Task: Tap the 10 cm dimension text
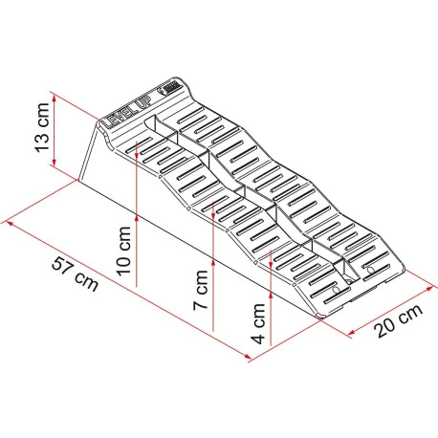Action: tap(120, 251)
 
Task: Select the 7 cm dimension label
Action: tap(199, 295)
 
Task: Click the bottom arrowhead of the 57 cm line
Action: tap(252, 360)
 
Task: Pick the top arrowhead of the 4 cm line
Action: tap(273, 252)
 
